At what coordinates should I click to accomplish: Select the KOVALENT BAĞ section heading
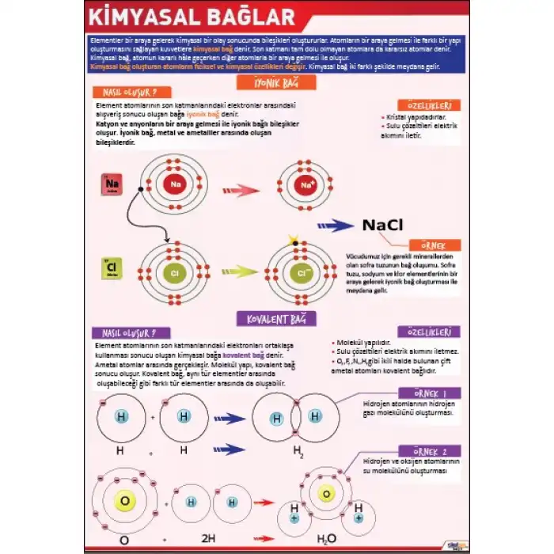[276, 318]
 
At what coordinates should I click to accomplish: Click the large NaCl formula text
[383, 226]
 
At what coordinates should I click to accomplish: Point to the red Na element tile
[112, 185]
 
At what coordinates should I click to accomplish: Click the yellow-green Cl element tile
[111, 270]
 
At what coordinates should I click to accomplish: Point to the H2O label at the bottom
[326, 540]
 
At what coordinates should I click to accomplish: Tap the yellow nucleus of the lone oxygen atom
[124, 500]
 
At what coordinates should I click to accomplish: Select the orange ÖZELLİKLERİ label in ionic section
[429, 105]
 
